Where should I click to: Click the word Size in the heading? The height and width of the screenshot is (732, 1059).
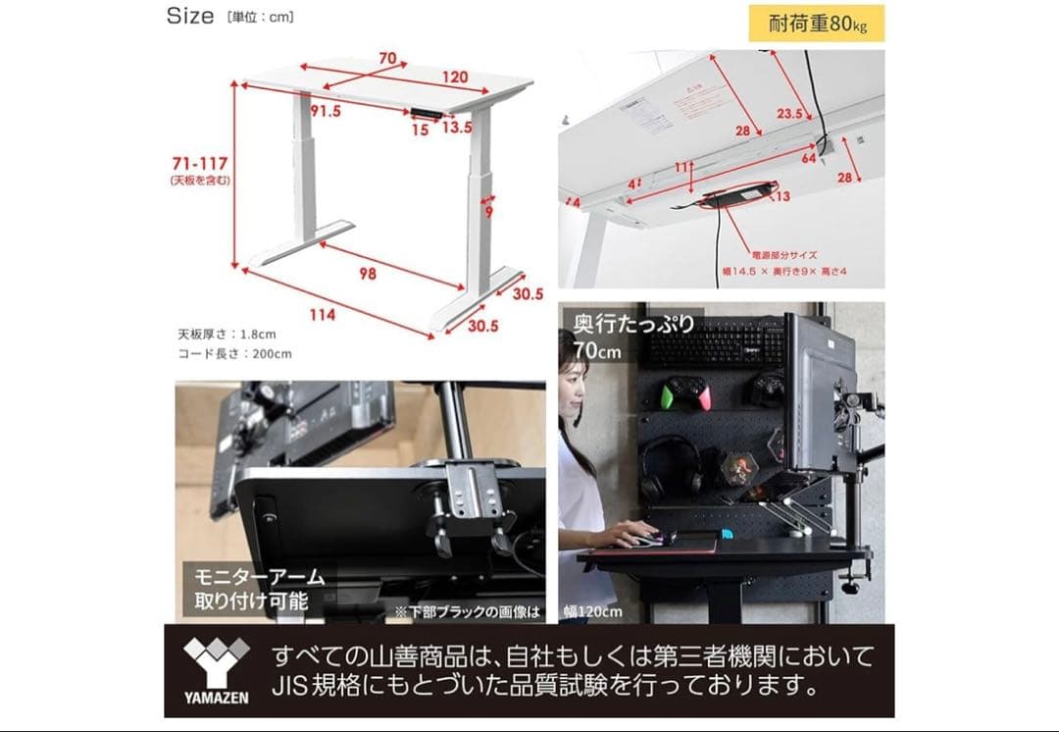tap(189, 16)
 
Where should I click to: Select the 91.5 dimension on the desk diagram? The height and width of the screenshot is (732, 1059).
tap(326, 111)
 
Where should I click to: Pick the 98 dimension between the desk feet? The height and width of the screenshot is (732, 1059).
tap(367, 274)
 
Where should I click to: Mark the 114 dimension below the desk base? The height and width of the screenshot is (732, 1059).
tap(323, 315)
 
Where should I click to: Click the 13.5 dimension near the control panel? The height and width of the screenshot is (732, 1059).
tap(457, 128)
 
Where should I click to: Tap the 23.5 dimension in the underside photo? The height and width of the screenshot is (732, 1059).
tap(789, 114)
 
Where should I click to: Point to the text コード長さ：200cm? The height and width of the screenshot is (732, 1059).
tap(234, 353)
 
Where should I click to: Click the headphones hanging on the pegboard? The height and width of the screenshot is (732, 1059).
tap(670, 463)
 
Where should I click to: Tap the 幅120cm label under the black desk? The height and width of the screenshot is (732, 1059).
tap(592, 612)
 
